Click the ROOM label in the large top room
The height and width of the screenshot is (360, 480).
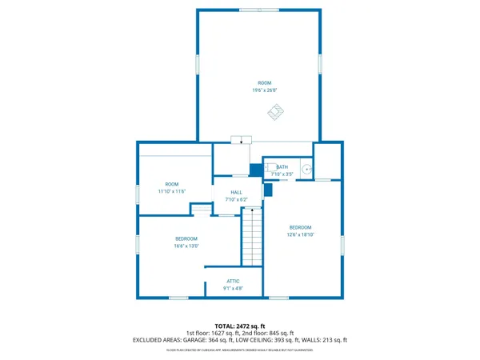[264, 83]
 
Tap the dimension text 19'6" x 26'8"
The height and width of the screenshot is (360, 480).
[264, 90]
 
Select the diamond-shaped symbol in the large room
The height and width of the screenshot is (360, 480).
[275, 113]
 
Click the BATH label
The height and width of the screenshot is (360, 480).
[282, 166]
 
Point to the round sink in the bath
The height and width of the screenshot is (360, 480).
[306, 170]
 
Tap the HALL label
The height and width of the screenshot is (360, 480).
[237, 192]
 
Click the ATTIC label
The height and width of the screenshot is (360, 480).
[233, 281]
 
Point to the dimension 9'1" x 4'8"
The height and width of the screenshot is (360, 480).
[233, 288]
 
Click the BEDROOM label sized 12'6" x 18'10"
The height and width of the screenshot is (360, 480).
[300, 227]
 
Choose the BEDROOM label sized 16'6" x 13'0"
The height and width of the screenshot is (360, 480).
[186, 238]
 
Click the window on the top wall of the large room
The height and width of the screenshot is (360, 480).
[259, 10]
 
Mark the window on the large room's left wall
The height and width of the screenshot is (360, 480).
[198, 65]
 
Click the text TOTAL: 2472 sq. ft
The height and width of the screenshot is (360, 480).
[240, 326]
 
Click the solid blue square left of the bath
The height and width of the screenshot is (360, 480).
[255, 170]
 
